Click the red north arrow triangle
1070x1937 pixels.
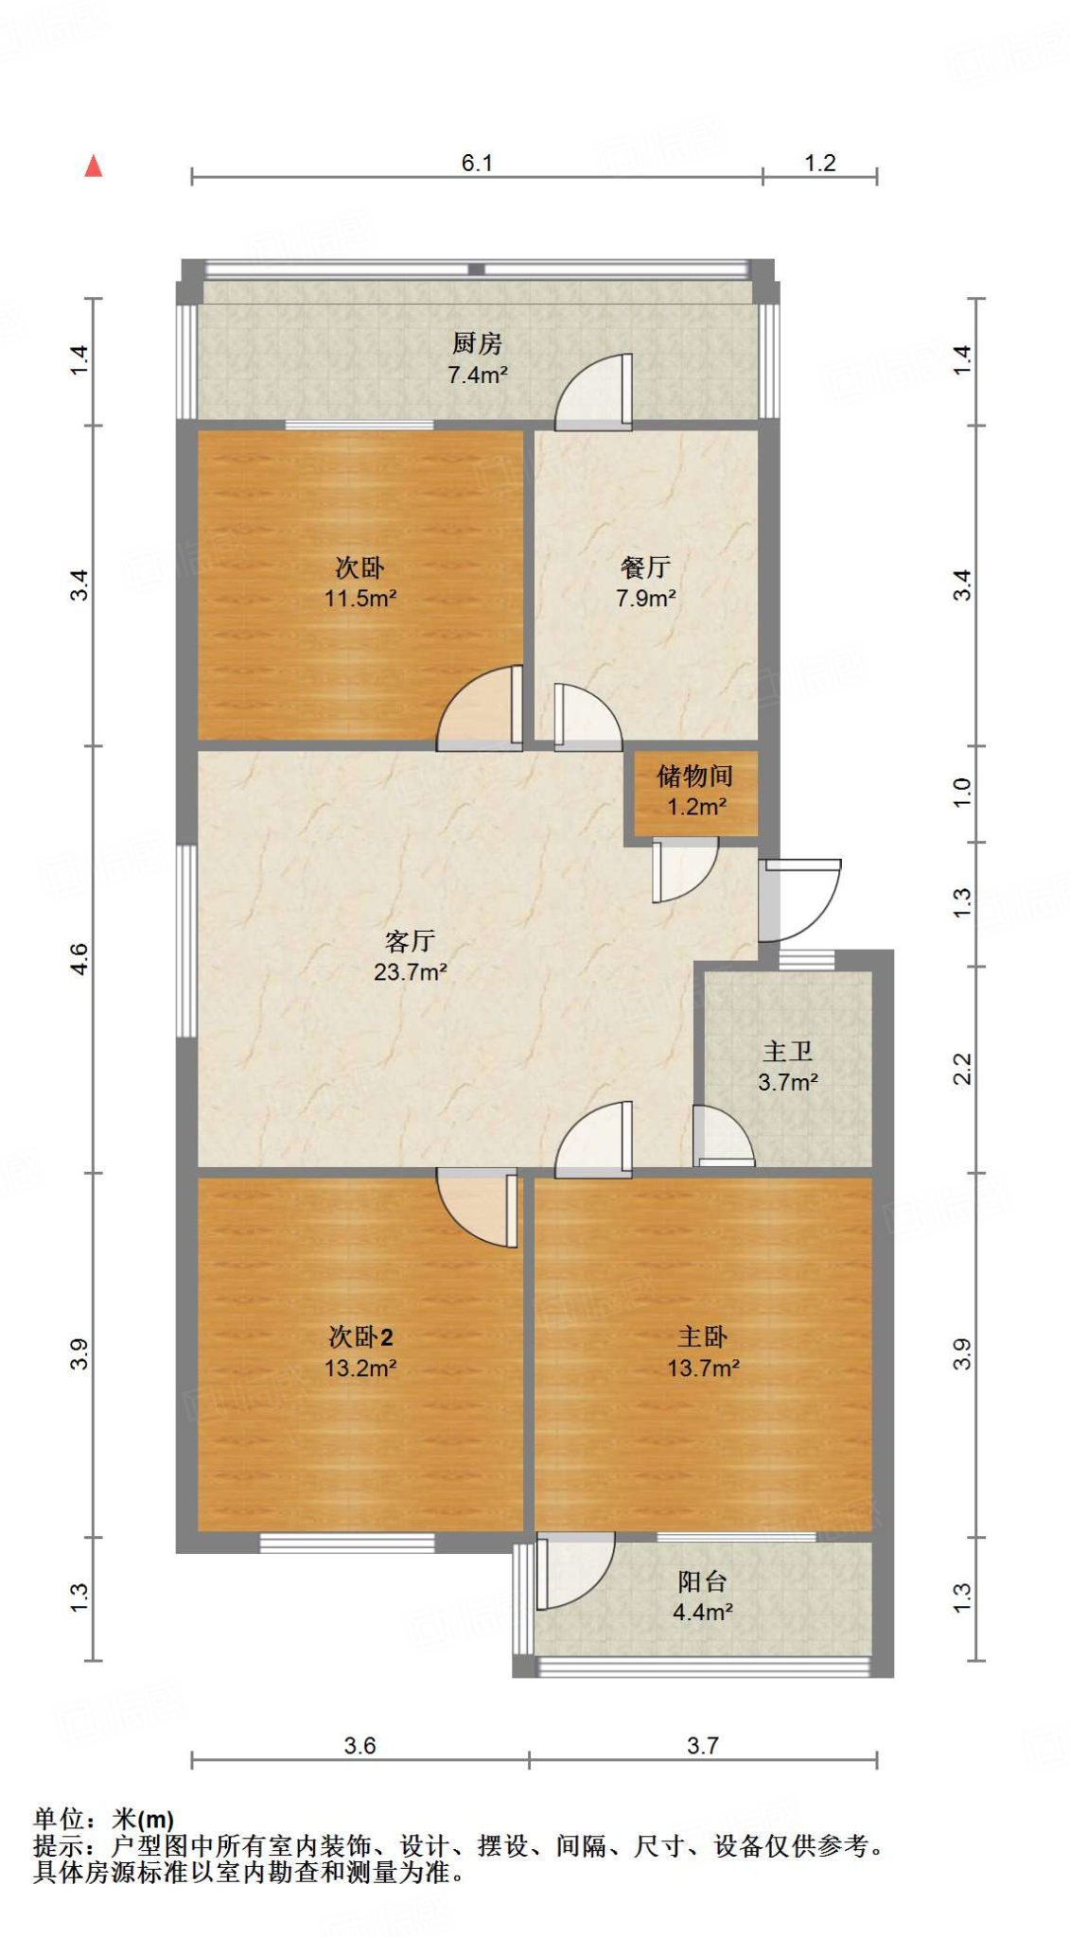tap(93, 167)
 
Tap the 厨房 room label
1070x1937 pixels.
tap(477, 342)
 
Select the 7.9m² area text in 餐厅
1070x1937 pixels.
tap(645, 599)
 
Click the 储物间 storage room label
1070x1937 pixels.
tap(695, 777)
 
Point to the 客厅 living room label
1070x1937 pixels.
tap(410, 941)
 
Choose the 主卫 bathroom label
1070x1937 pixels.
tap(787, 1052)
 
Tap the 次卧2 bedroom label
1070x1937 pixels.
tap(360, 1336)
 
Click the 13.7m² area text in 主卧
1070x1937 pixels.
tap(703, 1368)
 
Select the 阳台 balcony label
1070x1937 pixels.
tap(702, 1581)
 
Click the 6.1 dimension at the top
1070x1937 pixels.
tap(477, 163)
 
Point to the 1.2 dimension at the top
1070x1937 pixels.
tap(820, 163)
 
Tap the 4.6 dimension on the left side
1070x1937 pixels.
tap(79, 959)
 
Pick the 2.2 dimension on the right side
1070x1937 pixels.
tap(961, 1069)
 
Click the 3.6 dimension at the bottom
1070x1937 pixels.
tap(360, 1745)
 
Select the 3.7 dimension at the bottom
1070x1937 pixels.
tap(703, 1745)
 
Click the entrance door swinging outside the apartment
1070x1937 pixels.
tap(804, 899)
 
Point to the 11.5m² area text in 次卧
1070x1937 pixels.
tap(360, 599)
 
